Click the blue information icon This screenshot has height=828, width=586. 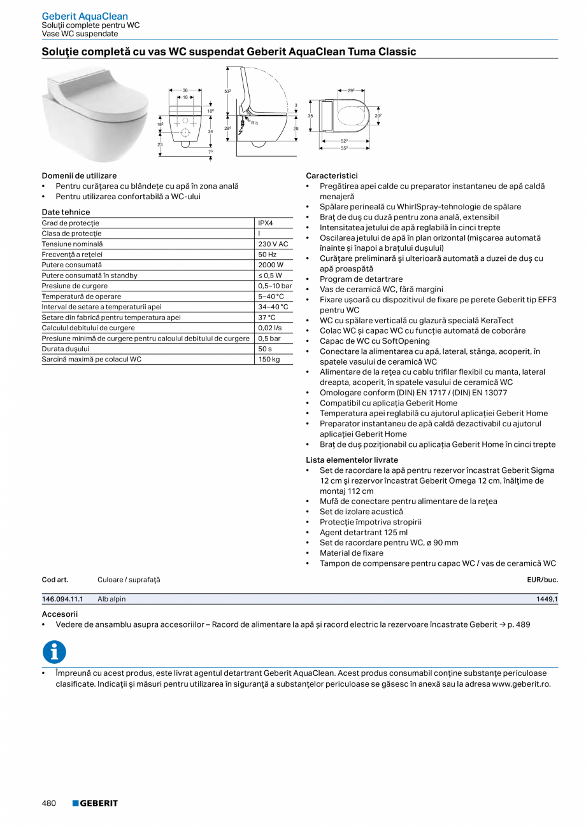click(x=54, y=652)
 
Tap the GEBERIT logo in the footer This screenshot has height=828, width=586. click(x=95, y=803)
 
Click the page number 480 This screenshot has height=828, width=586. click(x=49, y=803)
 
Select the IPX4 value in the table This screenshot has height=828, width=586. click(x=266, y=223)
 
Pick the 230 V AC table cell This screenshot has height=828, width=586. click(x=273, y=244)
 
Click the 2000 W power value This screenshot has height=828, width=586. click(x=271, y=265)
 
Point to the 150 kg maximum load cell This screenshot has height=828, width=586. click(x=269, y=359)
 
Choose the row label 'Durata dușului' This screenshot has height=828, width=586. click(x=66, y=349)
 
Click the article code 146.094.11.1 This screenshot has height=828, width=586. click(x=62, y=599)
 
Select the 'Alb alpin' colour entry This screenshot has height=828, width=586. click(x=111, y=599)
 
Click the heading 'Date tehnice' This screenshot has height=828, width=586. click(x=66, y=212)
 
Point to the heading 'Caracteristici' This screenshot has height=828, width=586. click(x=331, y=176)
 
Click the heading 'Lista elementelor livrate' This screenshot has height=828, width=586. click(x=352, y=460)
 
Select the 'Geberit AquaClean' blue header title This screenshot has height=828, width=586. click(x=85, y=16)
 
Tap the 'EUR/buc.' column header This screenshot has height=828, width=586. click(x=542, y=580)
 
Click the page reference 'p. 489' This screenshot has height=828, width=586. click(x=518, y=624)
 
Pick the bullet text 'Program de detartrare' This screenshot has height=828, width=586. click(x=361, y=279)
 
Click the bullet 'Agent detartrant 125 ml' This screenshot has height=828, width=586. click(x=363, y=532)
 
